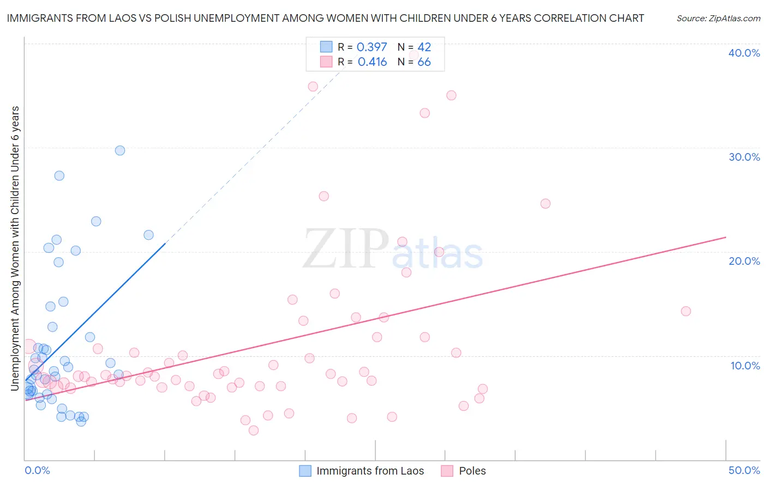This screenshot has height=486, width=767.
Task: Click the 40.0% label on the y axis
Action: pyautogui.click(x=744, y=53)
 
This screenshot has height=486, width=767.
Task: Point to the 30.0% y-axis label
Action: pyautogui.click(x=744, y=157)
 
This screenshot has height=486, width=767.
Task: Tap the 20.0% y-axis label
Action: pyautogui.click(x=744, y=261)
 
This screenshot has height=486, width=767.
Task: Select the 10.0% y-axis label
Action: pyautogui.click(x=745, y=366)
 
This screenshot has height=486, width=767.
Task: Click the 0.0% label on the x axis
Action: pyautogui.click(x=37, y=470)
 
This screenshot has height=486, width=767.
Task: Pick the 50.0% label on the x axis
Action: pyautogui.click(x=744, y=470)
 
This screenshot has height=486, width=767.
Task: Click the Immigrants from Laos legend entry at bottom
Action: pyautogui.click(x=370, y=471)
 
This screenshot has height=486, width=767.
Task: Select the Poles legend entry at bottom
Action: pyautogui.click(x=472, y=471)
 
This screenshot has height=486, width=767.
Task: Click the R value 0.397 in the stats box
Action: pyautogui.click(x=371, y=47)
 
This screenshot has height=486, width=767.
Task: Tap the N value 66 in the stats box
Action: pyautogui.click(x=424, y=62)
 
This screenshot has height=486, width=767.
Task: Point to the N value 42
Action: pyautogui.click(x=424, y=47)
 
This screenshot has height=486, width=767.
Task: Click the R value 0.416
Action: pyautogui.click(x=372, y=62)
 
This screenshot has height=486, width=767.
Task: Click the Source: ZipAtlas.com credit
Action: pyautogui.click(x=718, y=19)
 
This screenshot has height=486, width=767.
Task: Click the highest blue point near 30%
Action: pyautogui.click(x=120, y=150)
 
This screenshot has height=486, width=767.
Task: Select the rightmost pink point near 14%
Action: pyautogui.click(x=686, y=311)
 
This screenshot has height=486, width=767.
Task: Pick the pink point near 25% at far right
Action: pyautogui.click(x=545, y=204)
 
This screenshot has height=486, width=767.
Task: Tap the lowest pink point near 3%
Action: pyautogui.click(x=253, y=430)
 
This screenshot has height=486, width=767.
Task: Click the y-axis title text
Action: pyautogui.click(x=15, y=248)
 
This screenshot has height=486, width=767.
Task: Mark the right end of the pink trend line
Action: pyautogui.click(x=726, y=237)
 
